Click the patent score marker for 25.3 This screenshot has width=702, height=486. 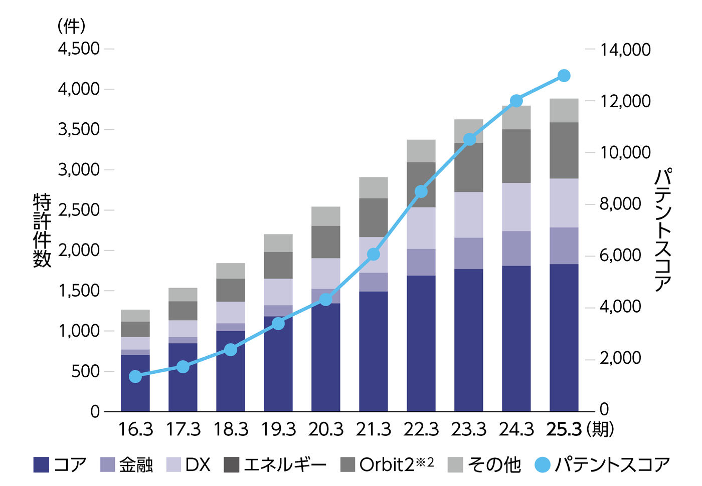(x=564, y=76)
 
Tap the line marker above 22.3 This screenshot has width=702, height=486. (x=421, y=191)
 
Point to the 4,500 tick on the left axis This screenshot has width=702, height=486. (x=79, y=49)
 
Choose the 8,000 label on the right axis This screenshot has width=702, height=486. (x=620, y=204)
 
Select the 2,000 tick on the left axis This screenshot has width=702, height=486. (x=79, y=251)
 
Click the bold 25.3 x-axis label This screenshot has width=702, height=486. (x=564, y=429)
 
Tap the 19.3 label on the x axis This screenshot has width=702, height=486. (x=278, y=429)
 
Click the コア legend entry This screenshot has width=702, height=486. (x=61, y=465)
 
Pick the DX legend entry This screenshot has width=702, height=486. (x=189, y=465)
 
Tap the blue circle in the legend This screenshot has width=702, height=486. (x=543, y=465)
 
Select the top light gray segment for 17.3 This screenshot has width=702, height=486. (x=183, y=295)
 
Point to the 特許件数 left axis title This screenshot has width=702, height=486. (x=42, y=230)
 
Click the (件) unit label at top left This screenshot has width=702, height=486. (x=71, y=26)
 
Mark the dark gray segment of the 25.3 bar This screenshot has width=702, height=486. (x=564, y=150)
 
